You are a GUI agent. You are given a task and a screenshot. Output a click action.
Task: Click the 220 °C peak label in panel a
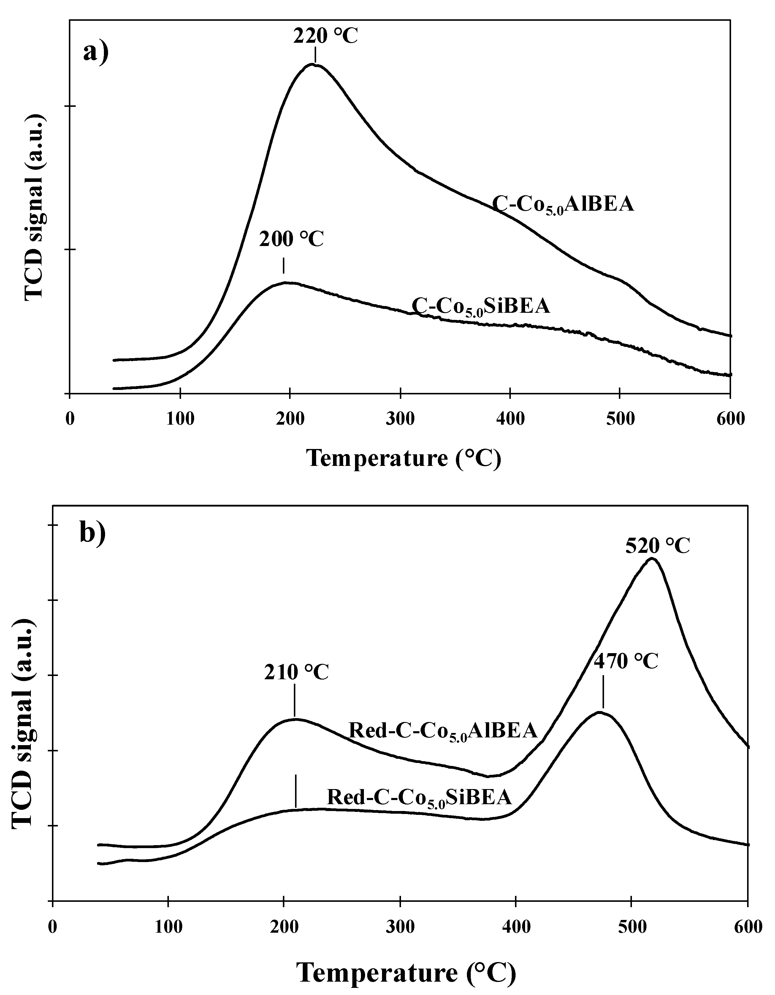(325, 37)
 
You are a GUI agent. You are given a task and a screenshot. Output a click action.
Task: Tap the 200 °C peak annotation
(291, 239)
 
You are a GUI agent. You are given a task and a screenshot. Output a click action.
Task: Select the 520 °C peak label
(657, 545)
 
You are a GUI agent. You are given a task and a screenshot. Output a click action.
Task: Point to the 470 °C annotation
(626, 661)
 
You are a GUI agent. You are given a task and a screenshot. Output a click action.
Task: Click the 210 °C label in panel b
(296, 672)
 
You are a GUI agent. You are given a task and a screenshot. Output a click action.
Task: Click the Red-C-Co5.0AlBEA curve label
(443, 731)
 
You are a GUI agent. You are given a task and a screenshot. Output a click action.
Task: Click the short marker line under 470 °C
(603, 692)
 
